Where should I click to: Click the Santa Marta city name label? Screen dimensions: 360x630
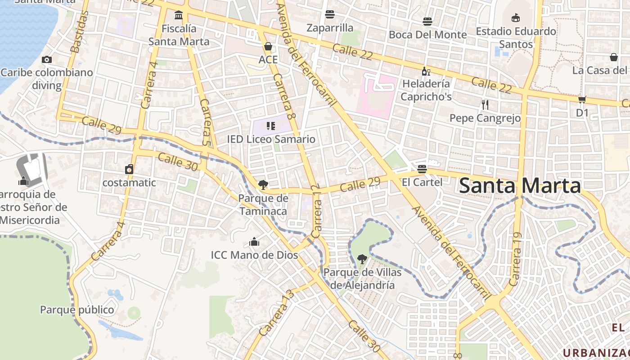point(520,186)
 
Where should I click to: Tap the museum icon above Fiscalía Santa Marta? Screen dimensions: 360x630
point(179,15)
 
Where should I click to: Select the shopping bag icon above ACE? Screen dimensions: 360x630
point(268,46)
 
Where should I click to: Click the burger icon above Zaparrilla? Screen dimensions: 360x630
point(330,14)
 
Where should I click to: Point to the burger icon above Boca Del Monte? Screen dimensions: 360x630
point(427,21)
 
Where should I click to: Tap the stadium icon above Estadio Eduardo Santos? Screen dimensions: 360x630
point(516,18)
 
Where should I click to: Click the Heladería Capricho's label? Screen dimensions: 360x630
point(426,90)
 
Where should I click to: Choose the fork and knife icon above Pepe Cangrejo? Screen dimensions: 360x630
point(485,105)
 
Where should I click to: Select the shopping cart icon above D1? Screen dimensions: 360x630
point(582,99)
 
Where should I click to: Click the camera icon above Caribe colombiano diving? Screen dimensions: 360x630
point(46,59)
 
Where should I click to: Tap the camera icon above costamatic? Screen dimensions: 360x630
point(129,169)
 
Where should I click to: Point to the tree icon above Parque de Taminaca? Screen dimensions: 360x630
point(263,184)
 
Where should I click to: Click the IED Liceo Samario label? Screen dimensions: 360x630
point(271,139)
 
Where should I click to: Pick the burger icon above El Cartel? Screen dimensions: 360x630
point(422,169)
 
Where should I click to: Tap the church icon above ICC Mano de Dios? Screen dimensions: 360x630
point(254,242)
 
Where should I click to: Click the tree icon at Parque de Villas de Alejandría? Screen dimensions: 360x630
point(362,259)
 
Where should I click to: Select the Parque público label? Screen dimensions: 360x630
point(77,310)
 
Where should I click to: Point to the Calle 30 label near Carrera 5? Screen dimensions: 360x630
point(178,161)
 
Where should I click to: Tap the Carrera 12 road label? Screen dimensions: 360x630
point(316,211)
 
